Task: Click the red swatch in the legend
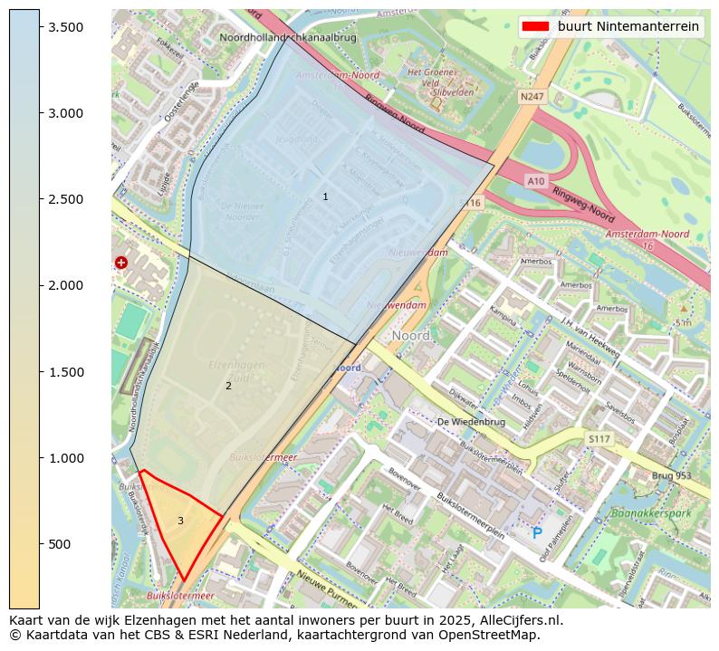point(536,27)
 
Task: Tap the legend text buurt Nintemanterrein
point(628,27)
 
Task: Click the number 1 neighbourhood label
point(325,196)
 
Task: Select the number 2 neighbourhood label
point(228,386)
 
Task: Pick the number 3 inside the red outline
point(180,521)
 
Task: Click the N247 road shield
point(532,96)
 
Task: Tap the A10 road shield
point(536,181)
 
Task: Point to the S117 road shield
point(599,439)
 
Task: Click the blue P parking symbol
point(537,534)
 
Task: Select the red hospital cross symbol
point(121,263)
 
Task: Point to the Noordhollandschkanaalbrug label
point(288,38)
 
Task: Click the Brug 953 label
point(671,475)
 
